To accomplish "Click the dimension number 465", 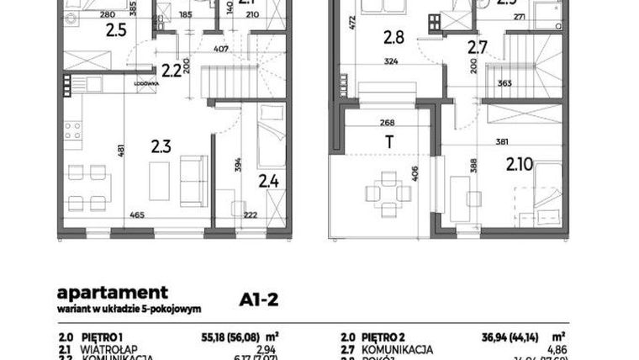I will point(137,215).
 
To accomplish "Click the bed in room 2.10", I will point(547,189).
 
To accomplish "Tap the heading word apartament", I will point(112,294).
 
